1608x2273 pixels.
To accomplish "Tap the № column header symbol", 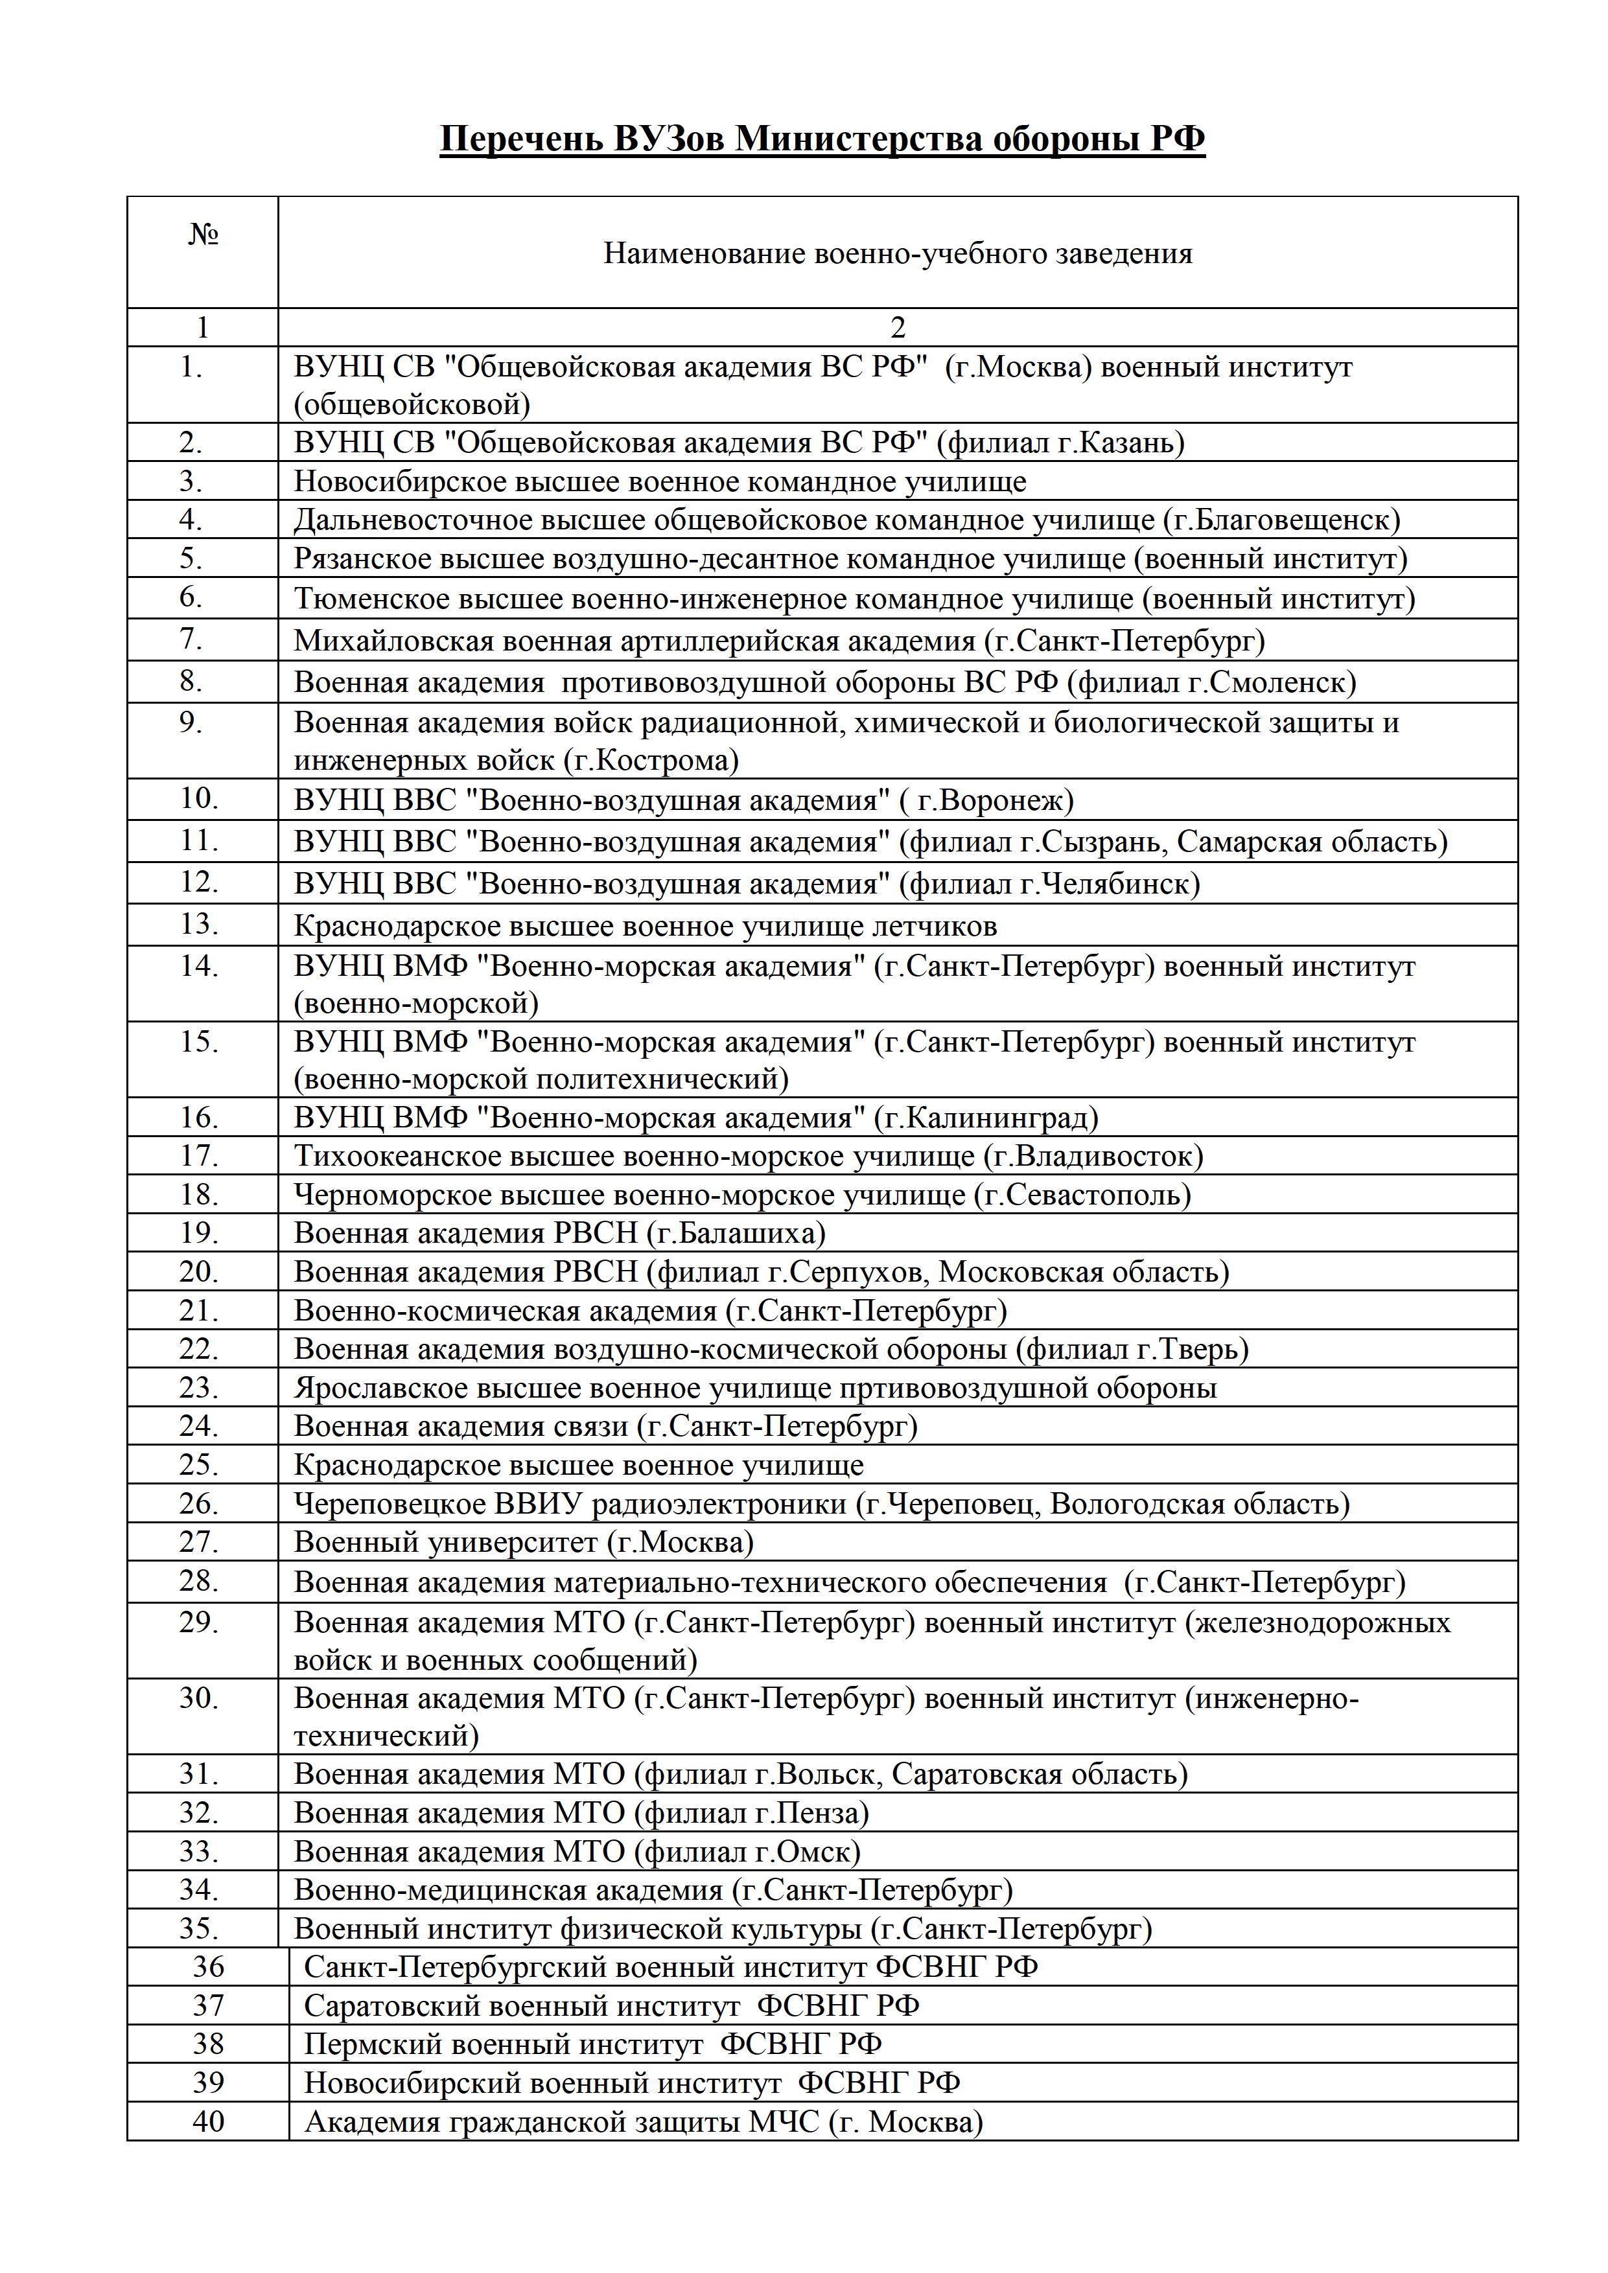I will tap(203, 235).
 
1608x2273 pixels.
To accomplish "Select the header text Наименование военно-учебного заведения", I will tap(897, 255).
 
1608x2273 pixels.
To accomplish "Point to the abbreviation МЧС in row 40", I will tap(784, 2121).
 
